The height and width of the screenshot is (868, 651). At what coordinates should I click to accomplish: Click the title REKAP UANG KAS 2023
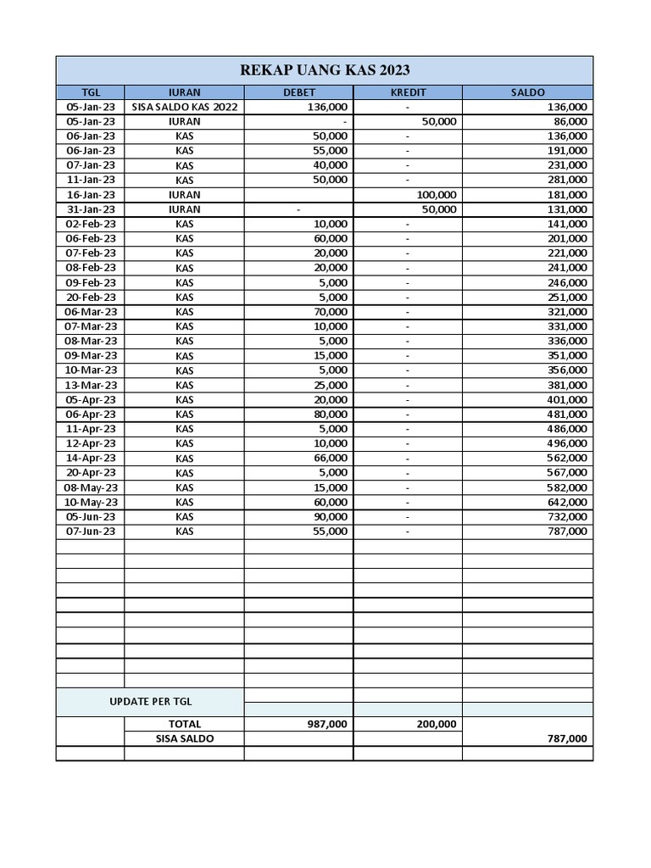[x=325, y=70]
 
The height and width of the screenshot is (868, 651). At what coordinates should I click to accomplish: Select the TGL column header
[x=91, y=92]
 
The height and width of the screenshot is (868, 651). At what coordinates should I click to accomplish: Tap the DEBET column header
[x=298, y=92]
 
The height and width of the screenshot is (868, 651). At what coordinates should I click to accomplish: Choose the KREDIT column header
[x=407, y=92]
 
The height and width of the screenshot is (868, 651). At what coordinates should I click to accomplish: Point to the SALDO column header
[x=527, y=92]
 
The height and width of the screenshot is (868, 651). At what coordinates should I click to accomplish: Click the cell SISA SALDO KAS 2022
[x=184, y=107]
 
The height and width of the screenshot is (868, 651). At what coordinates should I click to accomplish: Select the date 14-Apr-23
[x=91, y=458]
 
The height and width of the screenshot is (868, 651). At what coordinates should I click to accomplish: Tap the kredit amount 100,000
[x=437, y=194]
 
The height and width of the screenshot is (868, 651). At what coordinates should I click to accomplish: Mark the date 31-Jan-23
[x=91, y=209]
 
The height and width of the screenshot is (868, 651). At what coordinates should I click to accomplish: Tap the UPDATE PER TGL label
[x=150, y=702]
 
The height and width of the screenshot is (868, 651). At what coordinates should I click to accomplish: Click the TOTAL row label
[x=184, y=724]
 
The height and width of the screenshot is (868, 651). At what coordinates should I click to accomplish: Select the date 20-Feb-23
[x=91, y=297]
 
